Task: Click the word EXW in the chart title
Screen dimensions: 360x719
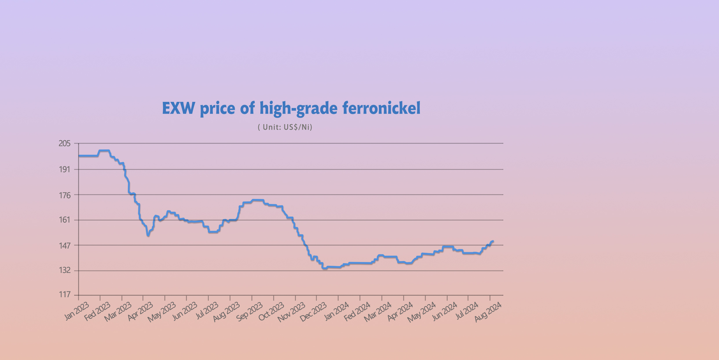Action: (x=178, y=108)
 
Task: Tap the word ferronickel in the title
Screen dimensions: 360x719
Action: (x=381, y=108)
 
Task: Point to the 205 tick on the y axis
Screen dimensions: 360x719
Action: (x=65, y=143)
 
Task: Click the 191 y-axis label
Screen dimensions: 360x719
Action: (x=65, y=169)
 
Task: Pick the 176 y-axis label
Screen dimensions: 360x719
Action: (x=65, y=195)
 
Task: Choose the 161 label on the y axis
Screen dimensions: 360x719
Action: (x=65, y=220)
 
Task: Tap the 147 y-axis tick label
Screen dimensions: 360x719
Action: (x=65, y=246)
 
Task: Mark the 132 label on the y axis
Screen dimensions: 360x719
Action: (x=65, y=270)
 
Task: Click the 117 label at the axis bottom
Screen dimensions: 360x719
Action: (x=65, y=295)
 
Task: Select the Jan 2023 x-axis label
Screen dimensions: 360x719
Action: (x=76, y=311)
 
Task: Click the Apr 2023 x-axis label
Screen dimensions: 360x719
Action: (x=140, y=311)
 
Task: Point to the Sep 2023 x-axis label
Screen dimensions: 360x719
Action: (x=249, y=311)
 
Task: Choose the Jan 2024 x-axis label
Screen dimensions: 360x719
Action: (x=336, y=311)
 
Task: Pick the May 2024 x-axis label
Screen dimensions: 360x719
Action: (x=422, y=311)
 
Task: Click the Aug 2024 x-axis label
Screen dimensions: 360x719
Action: (x=488, y=311)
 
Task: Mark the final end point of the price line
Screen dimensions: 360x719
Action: (x=493, y=241)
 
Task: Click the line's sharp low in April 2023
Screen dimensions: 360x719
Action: (x=148, y=235)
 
